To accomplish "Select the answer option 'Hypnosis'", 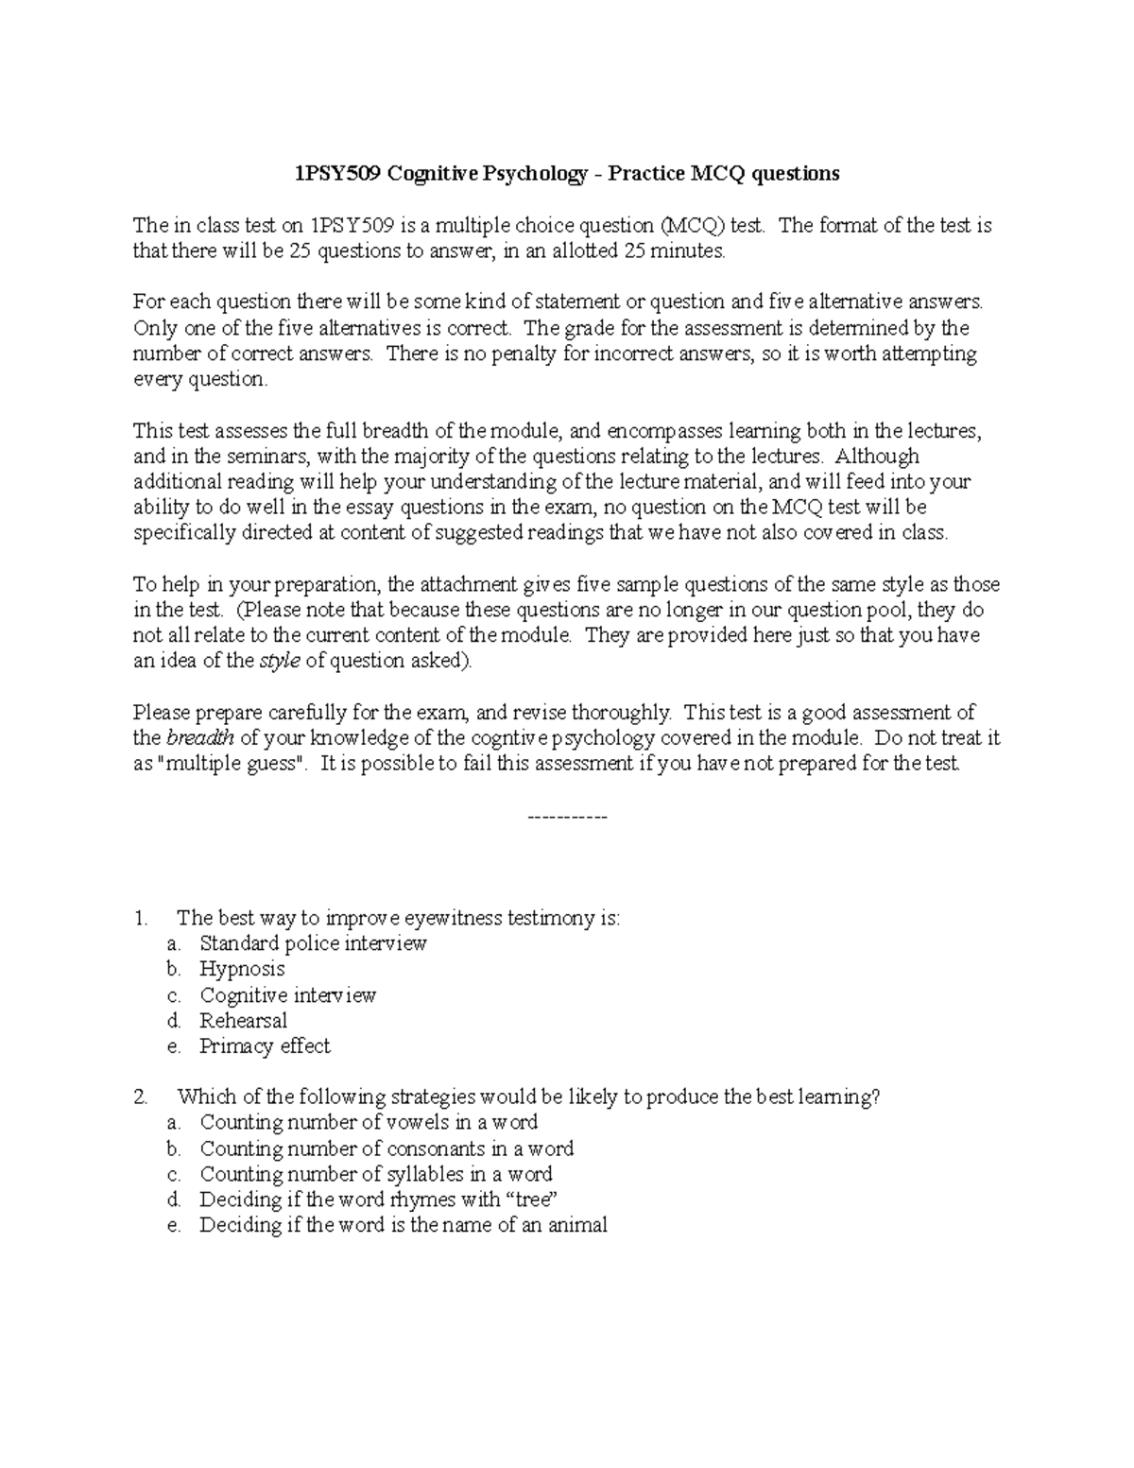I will [242, 969].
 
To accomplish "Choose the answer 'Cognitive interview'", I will [287, 995].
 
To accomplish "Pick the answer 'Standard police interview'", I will [313, 943].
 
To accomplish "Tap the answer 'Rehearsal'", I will [243, 1021].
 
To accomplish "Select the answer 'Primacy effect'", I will [265, 1046].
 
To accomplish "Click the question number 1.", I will [140, 918].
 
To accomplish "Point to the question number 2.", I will [140, 1097].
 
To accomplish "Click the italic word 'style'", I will [280, 662].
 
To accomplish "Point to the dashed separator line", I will [566, 816].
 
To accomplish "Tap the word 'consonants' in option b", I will [436, 1149].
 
